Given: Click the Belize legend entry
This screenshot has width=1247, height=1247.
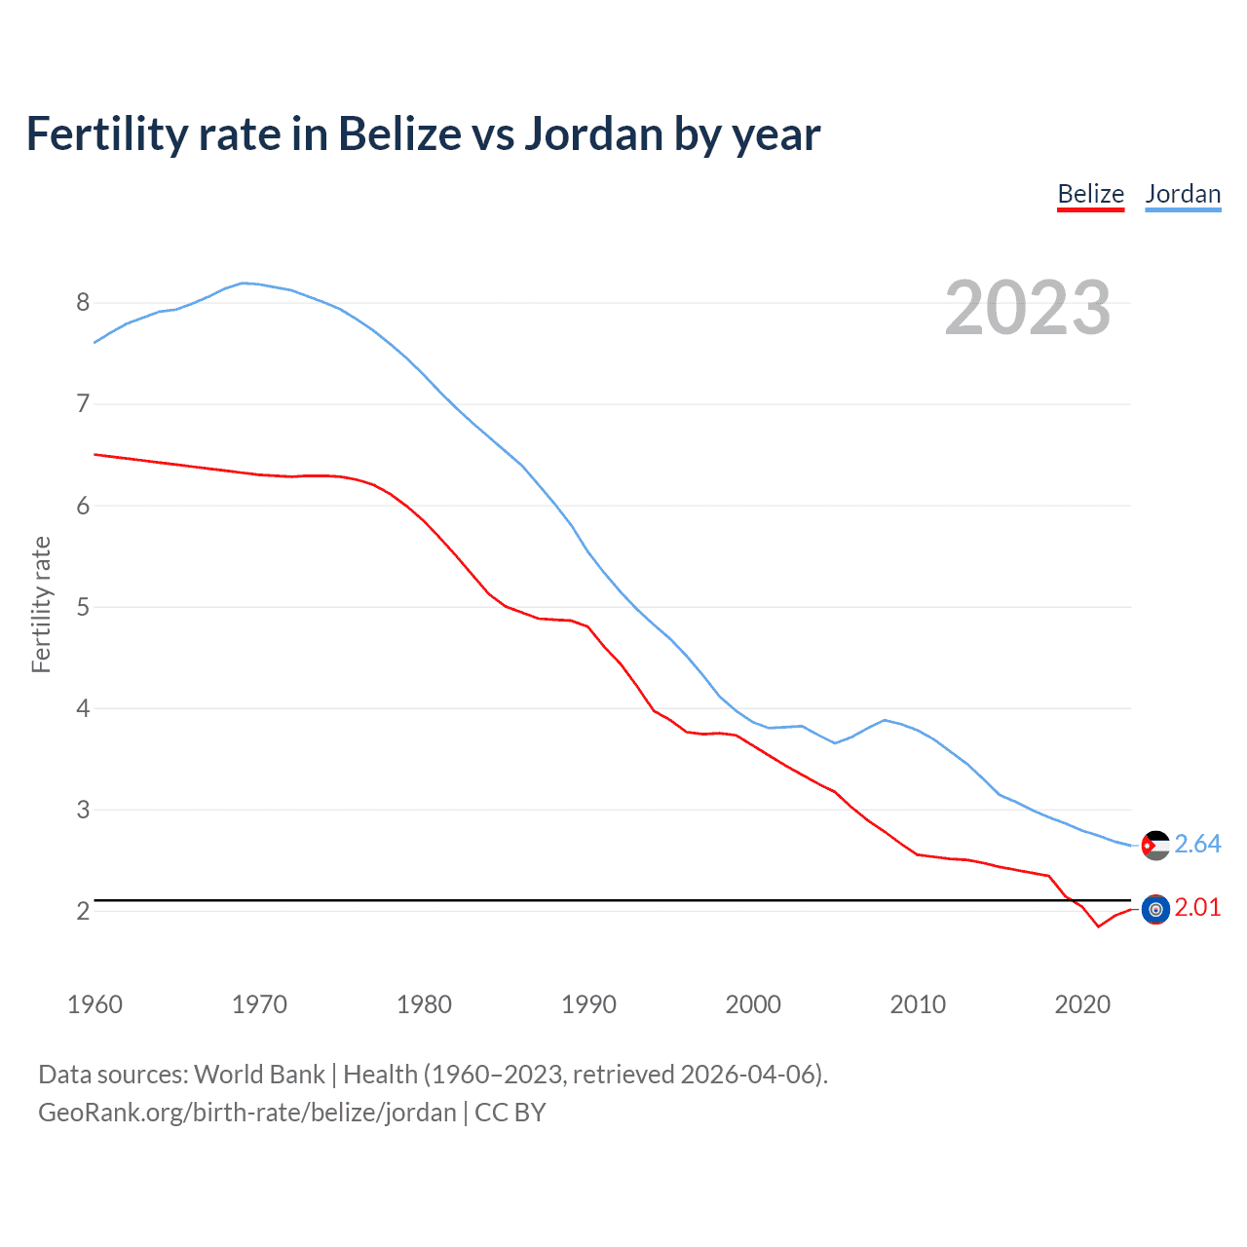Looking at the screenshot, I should coord(1090,194).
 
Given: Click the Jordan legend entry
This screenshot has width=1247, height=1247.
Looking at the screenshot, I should coord(1183,194).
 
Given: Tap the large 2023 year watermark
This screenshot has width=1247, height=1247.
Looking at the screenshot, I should coord(1028,308).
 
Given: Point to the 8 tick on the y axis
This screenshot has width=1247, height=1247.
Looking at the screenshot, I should coord(83,302).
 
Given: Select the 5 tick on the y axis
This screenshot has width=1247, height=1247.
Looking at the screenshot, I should coord(83,607).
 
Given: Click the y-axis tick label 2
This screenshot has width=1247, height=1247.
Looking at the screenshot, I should coord(83,911).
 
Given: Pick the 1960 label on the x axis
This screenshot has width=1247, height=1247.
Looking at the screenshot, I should coord(94,1004).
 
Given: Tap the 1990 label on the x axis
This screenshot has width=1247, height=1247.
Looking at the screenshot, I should coord(588,1004).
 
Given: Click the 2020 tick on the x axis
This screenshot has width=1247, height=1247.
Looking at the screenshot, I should coord(1082,1004).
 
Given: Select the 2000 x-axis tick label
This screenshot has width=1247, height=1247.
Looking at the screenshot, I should coord(753,1004).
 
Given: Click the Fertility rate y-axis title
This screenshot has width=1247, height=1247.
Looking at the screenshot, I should coord(41,604).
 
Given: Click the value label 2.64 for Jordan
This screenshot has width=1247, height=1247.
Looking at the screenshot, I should coord(1197,844).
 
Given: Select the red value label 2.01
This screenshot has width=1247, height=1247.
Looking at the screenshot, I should coord(1197,907).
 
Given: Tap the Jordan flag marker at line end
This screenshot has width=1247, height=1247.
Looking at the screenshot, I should coord(1155,846).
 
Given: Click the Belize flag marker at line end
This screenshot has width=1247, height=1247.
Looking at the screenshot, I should coord(1155,910).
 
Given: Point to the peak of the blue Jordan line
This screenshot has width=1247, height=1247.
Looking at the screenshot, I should coord(244,283).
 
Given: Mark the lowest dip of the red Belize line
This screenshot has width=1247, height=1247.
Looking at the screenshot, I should coord(1098,926).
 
